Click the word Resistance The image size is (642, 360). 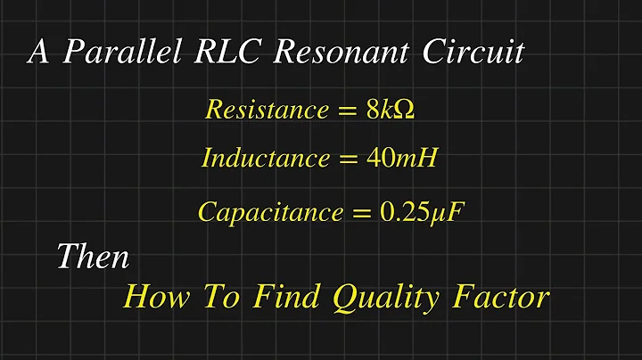point(267,110)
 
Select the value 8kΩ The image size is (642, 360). point(391,110)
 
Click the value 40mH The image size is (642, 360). point(401,159)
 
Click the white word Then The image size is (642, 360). point(93,258)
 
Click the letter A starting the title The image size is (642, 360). point(38,52)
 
